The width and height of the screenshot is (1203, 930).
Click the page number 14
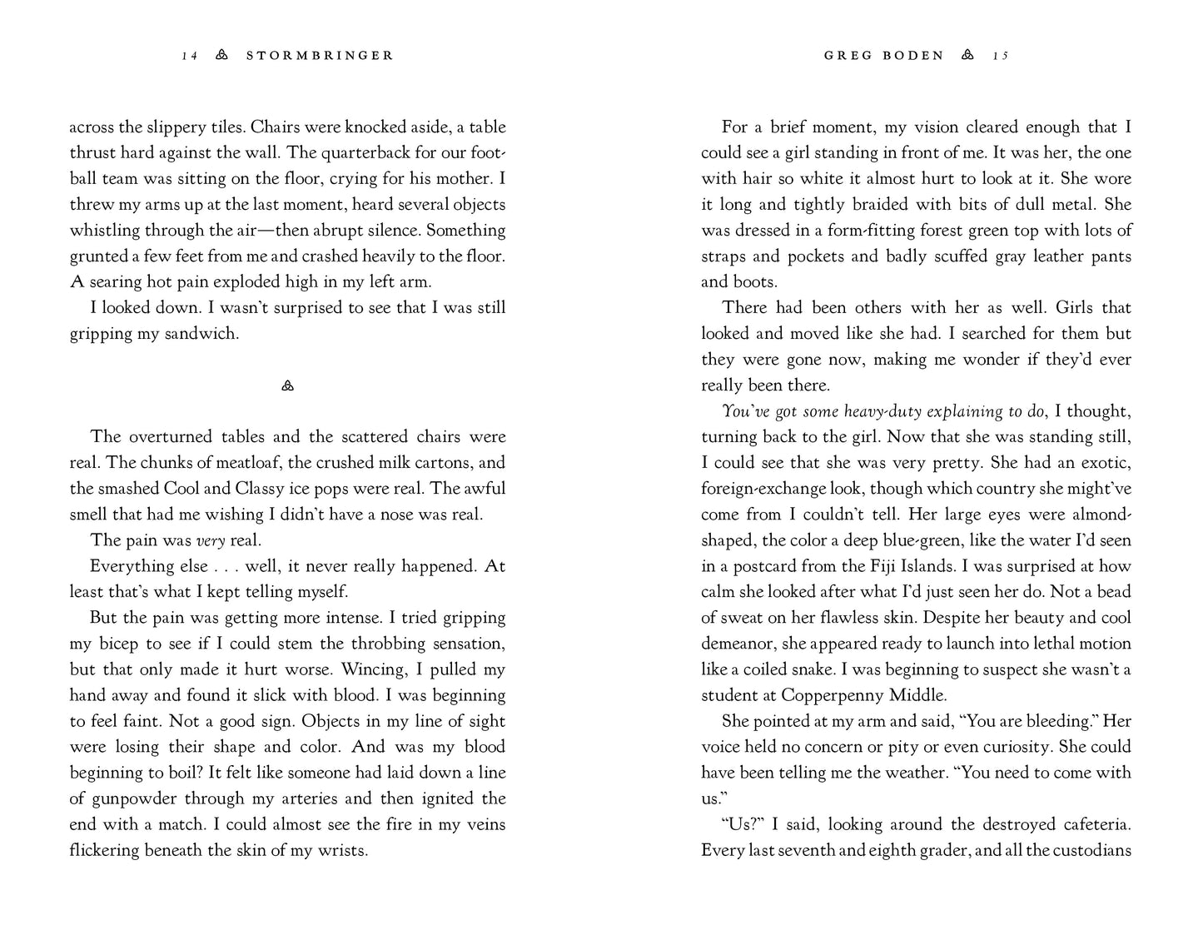[x=190, y=56]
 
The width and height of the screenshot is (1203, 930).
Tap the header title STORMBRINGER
[x=320, y=56]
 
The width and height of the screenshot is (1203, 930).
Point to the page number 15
[x=1000, y=56]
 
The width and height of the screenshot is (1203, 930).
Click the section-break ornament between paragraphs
[x=288, y=385]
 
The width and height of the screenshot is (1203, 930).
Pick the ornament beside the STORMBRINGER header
[x=221, y=56]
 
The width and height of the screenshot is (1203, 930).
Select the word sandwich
[x=204, y=334]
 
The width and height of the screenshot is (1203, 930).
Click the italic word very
[x=211, y=540]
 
